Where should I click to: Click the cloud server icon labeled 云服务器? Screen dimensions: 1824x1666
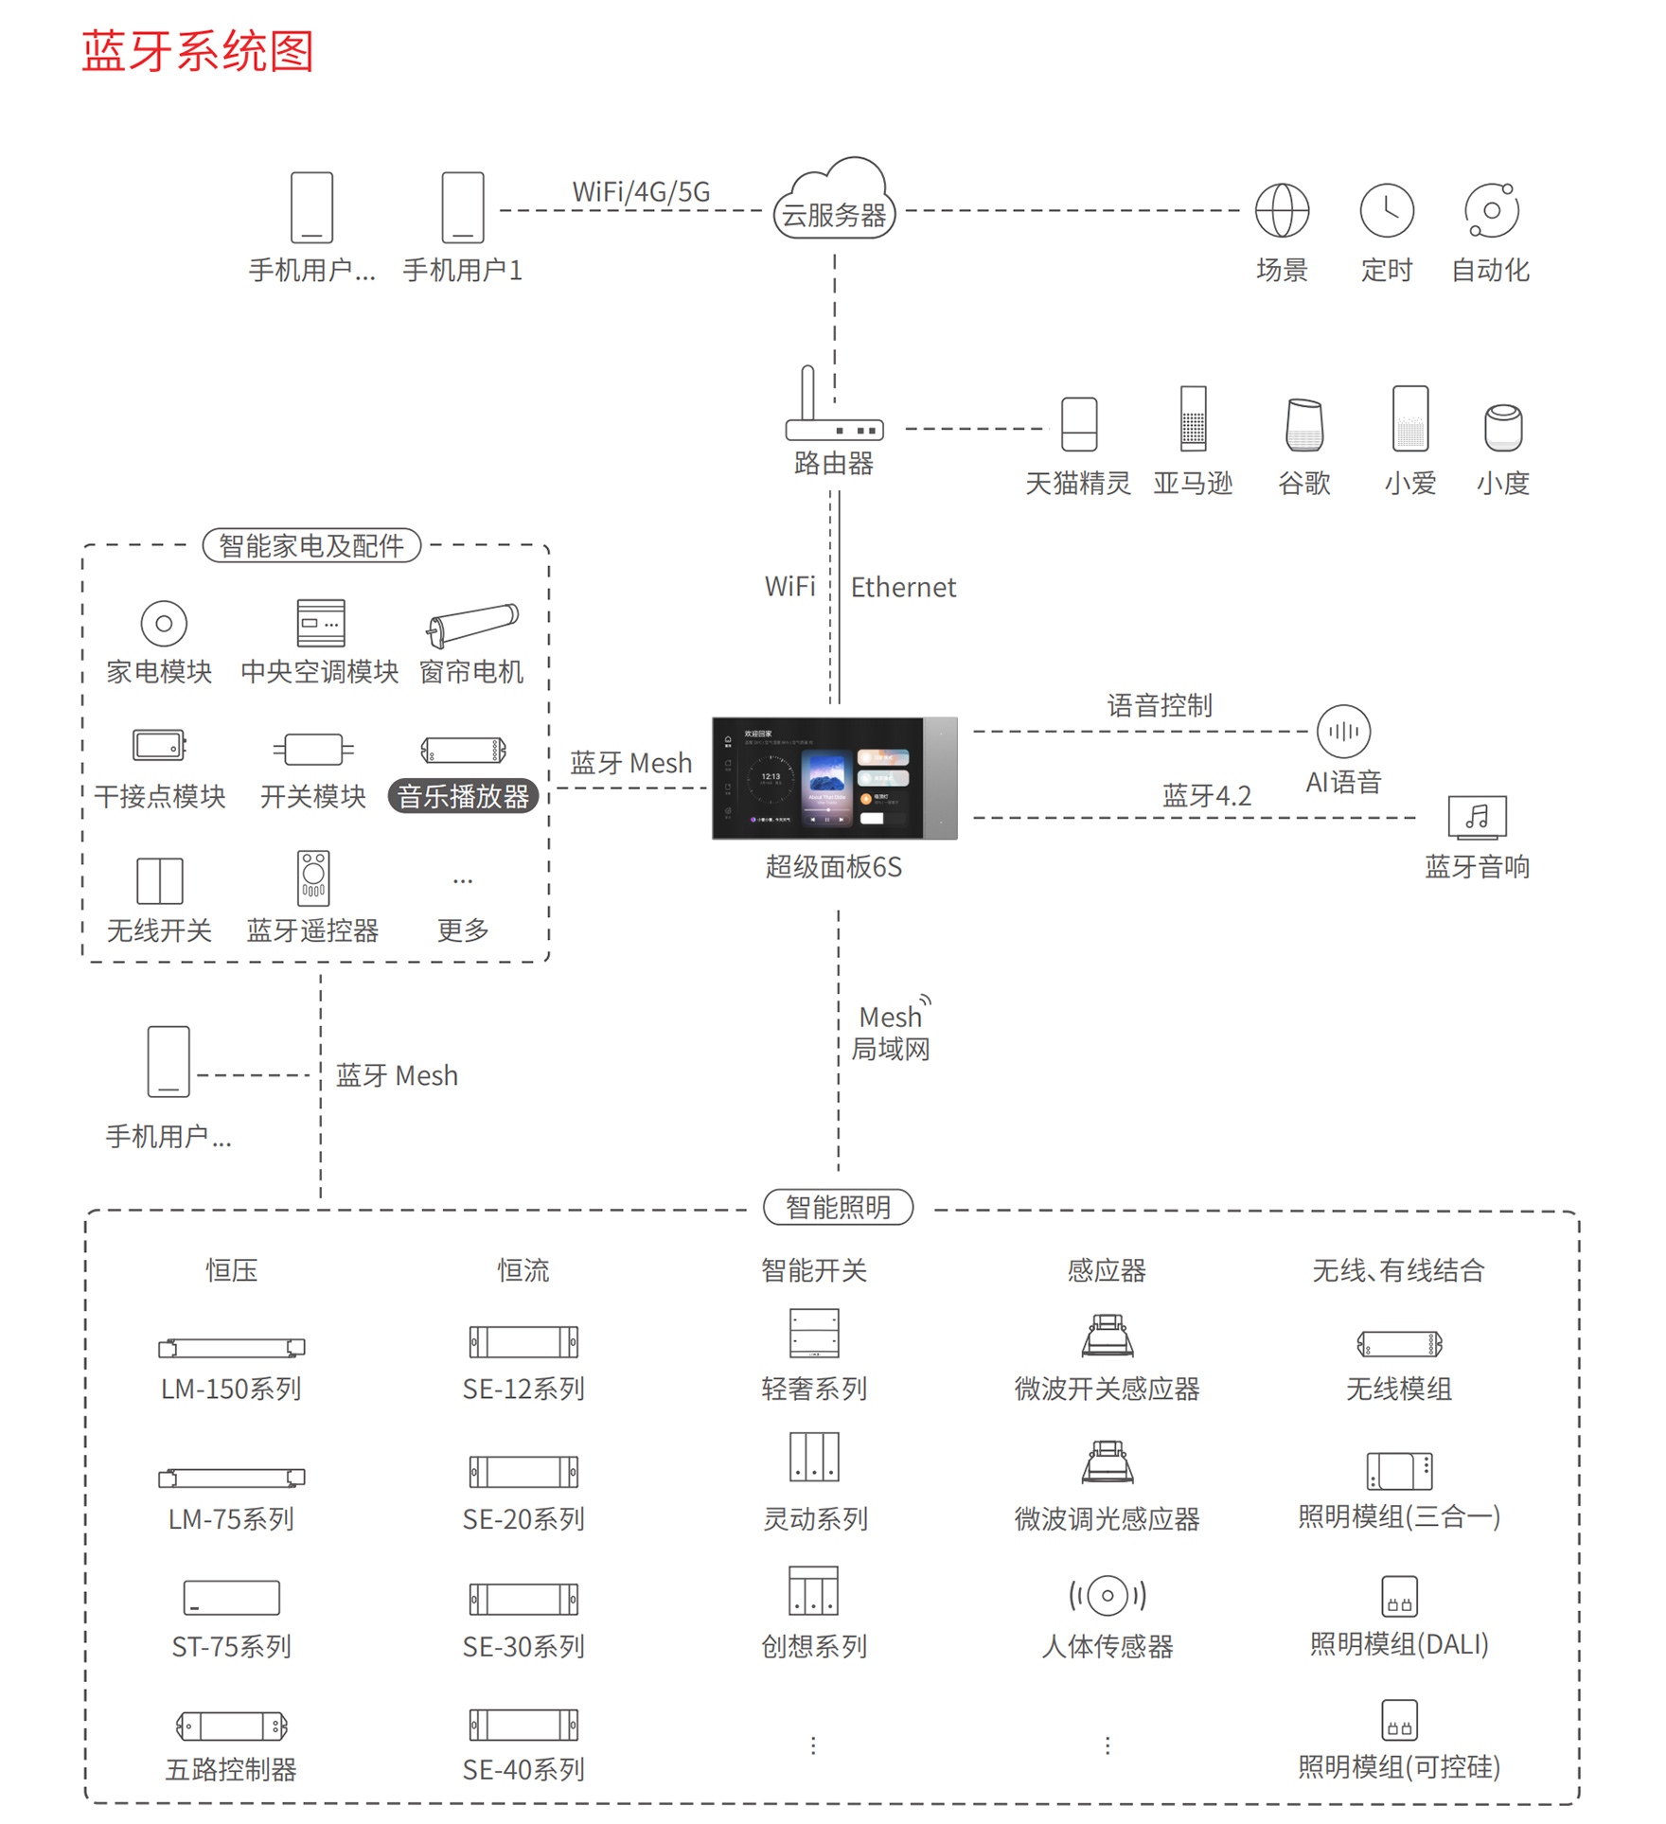(x=834, y=201)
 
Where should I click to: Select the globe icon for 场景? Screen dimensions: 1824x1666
(x=1282, y=210)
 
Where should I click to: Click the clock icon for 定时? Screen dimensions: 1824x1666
(x=1387, y=210)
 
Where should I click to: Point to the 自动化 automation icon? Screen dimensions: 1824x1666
(x=1491, y=210)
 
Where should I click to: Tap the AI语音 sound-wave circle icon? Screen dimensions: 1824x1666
(x=1343, y=732)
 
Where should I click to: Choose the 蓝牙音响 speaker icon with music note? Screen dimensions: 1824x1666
(x=1477, y=817)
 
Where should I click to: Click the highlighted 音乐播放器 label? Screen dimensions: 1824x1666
(x=463, y=796)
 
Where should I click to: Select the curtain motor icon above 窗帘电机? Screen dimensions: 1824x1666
(x=471, y=625)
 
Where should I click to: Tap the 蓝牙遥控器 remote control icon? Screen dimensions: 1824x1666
(x=313, y=878)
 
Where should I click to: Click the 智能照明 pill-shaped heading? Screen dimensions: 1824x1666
(x=838, y=1207)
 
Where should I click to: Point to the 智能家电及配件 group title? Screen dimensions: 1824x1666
(x=311, y=545)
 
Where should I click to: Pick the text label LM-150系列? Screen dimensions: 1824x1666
(x=231, y=1389)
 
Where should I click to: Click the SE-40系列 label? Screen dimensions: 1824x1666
(x=523, y=1769)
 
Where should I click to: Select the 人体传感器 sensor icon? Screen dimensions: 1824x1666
(x=1107, y=1595)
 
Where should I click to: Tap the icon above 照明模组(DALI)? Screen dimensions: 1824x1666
(x=1399, y=1596)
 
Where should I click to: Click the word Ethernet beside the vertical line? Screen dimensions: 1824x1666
(x=903, y=588)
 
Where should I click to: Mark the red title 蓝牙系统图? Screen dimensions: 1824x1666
(x=197, y=51)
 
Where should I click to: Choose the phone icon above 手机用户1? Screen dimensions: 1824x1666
(x=463, y=207)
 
